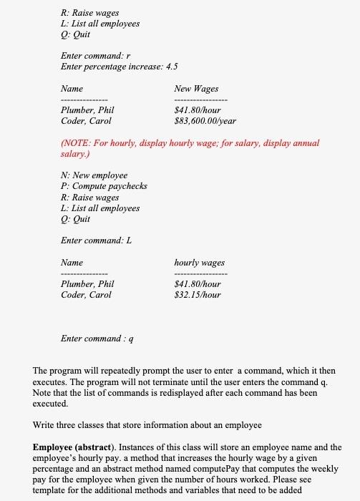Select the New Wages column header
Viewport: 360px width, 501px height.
click(x=196, y=89)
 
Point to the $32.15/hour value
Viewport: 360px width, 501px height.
click(x=198, y=295)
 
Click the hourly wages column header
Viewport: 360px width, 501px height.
click(x=199, y=263)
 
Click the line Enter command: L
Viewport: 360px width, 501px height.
click(x=97, y=240)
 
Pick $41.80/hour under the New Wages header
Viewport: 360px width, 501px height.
click(x=198, y=110)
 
